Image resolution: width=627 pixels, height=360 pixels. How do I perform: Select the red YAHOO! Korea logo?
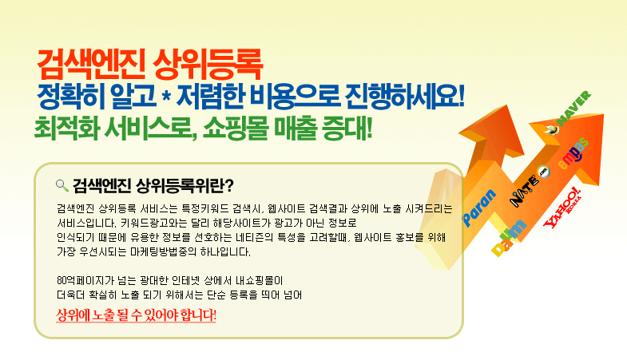(562, 207)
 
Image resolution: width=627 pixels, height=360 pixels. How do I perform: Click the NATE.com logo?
(530, 185)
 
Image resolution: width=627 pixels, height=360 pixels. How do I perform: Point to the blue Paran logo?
(479, 207)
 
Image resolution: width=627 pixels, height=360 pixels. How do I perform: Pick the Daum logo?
(509, 237)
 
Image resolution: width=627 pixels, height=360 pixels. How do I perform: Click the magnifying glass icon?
(62, 185)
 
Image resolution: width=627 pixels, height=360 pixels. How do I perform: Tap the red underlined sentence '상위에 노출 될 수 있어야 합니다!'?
(136, 315)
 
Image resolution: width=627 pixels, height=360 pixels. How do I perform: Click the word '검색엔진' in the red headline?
(91, 65)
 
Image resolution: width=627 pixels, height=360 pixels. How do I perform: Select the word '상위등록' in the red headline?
(208, 65)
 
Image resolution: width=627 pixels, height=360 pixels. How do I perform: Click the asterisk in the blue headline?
(166, 97)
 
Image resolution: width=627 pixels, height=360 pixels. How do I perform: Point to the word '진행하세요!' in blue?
(405, 97)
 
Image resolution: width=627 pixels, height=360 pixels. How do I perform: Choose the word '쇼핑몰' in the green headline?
(235, 128)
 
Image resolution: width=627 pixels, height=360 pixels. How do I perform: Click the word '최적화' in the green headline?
(67, 128)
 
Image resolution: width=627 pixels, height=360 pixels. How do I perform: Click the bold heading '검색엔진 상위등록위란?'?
(153, 185)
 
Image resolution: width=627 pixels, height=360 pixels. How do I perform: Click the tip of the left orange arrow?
(507, 105)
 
